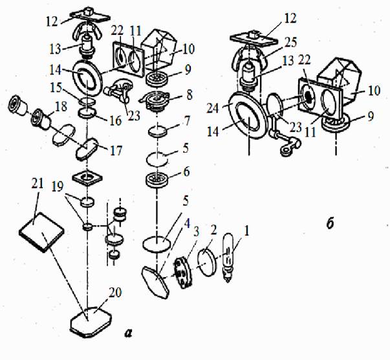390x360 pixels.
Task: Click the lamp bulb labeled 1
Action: tap(228, 257)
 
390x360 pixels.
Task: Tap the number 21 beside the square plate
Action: tap(38, 184)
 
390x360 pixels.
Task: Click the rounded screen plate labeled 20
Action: tap(91, 322)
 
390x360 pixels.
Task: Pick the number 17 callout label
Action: tap(116, 150)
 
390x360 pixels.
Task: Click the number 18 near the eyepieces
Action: tap(61, 107)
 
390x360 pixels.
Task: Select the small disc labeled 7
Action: tap(157, 131)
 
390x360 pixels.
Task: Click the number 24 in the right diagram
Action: tap(213, 109)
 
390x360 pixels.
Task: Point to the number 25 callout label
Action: tap(290, 43)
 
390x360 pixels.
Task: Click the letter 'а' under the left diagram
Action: tap(128, 333)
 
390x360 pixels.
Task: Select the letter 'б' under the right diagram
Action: tap(330, 224)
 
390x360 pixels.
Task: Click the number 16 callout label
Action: tap(115, 121)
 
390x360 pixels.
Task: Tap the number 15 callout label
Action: tap(56, 87)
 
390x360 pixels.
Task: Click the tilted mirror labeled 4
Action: tap(155, 282)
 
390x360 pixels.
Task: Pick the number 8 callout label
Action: tap(190, 95)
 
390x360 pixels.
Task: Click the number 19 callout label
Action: tap(58, 187)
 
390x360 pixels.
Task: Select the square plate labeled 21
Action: tap(41, 232)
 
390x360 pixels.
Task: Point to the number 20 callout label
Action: tap(115, 293)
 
